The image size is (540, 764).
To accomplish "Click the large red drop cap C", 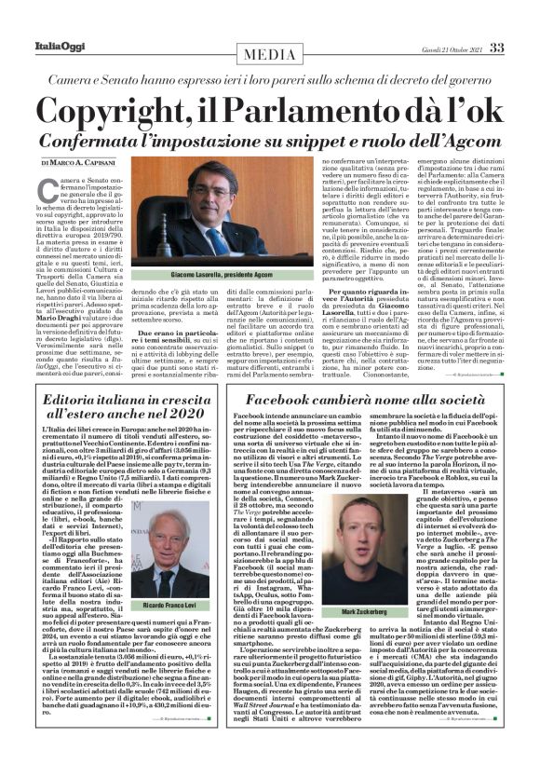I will point(47,189).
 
